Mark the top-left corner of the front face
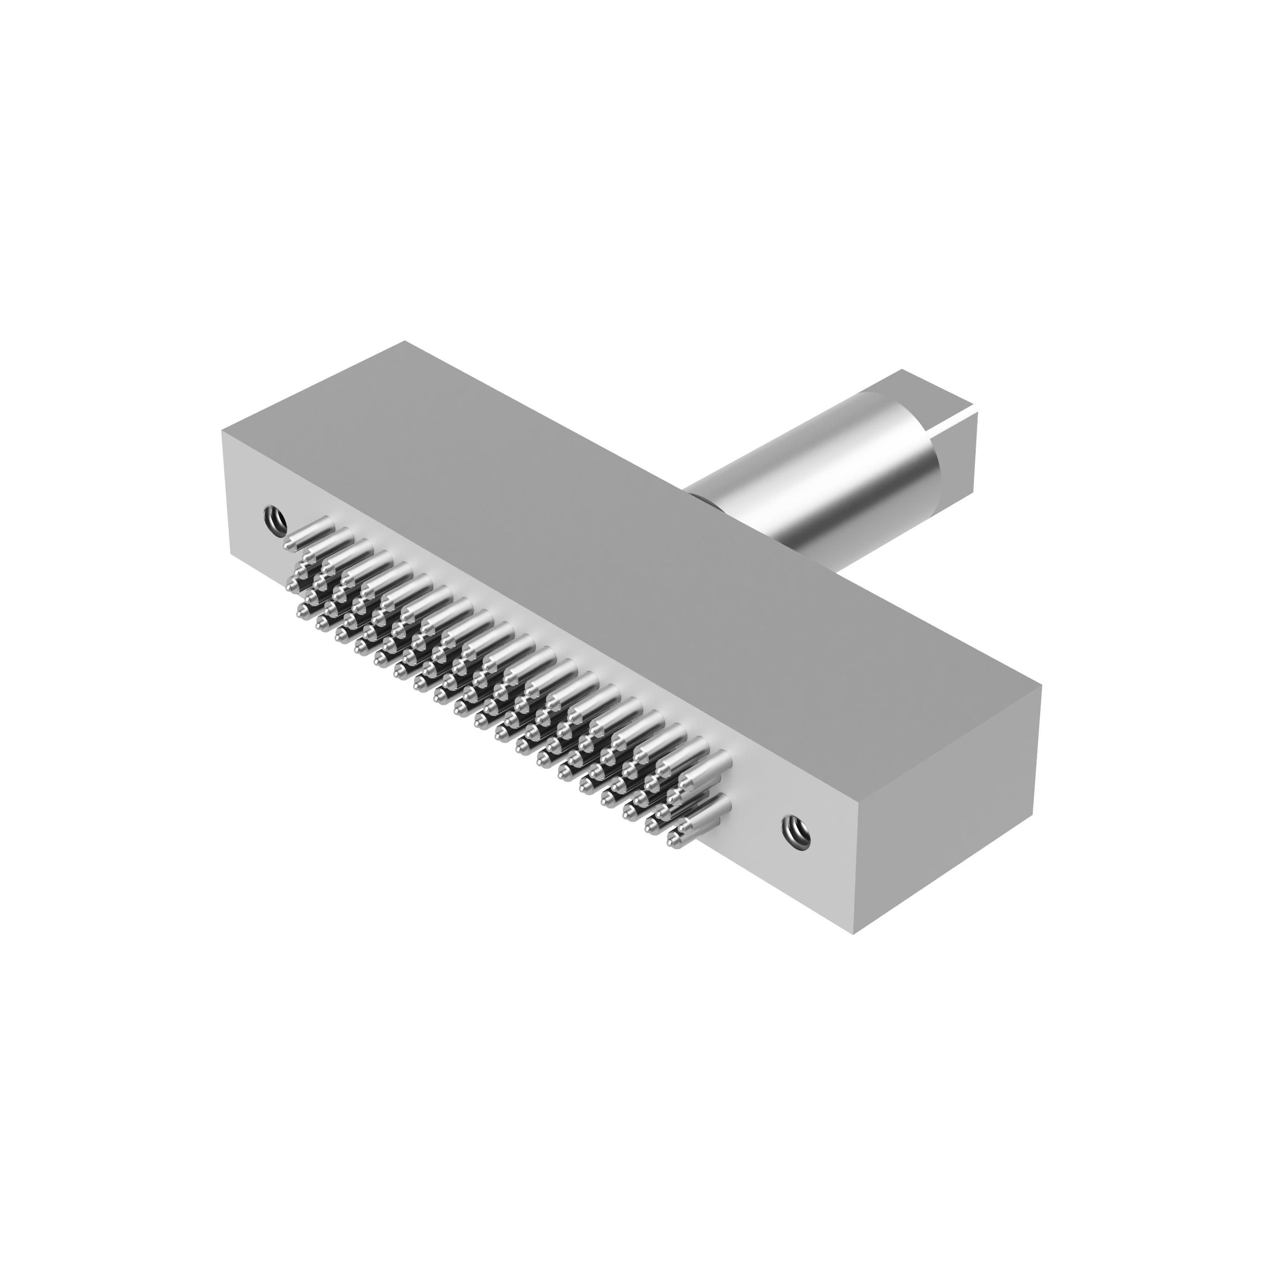tap(222, 430)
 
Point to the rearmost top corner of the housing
tap(405, 342)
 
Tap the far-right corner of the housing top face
tap(1040, 689)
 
